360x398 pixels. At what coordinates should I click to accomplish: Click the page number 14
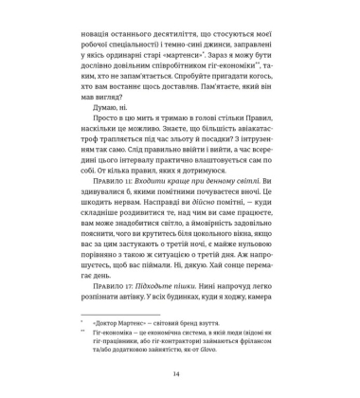tap(180, 374)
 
